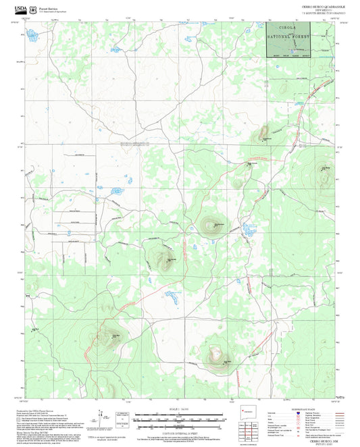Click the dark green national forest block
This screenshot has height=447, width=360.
[x=292, y=40]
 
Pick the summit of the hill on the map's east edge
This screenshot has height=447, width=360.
[x=326, y=180]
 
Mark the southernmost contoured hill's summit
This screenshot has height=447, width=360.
[x=216, y=356]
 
